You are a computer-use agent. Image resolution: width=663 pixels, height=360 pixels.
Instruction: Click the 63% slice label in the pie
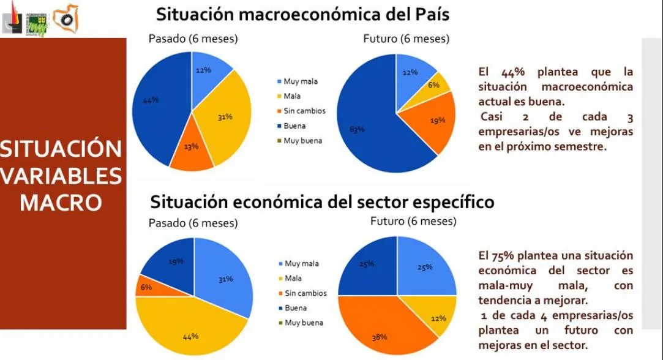357,129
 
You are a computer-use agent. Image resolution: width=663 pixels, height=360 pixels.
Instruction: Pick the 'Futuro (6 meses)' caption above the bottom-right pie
413,220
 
